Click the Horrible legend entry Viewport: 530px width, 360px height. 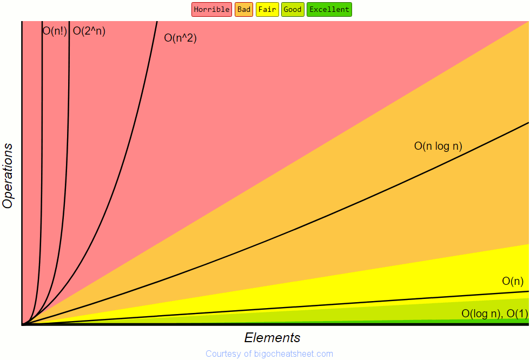(211, 9)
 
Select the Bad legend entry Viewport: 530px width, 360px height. (244, 9)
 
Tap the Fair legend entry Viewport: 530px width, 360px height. (267, 9)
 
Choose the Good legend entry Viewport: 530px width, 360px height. (293, 9)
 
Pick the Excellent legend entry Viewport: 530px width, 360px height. (329, 9)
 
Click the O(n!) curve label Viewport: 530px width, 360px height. (55, 31)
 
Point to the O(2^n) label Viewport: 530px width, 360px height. (89, 31)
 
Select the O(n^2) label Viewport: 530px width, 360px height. (180, 38)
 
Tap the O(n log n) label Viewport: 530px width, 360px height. (438, 146)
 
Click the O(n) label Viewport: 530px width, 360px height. (513, 281)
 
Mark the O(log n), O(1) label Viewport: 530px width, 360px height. (494, 314)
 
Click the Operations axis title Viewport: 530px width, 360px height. (8, 176)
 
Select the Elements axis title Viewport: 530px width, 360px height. (272, 338)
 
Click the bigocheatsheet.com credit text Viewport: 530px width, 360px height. (269, 354)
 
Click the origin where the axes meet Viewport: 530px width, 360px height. (22, 324)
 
